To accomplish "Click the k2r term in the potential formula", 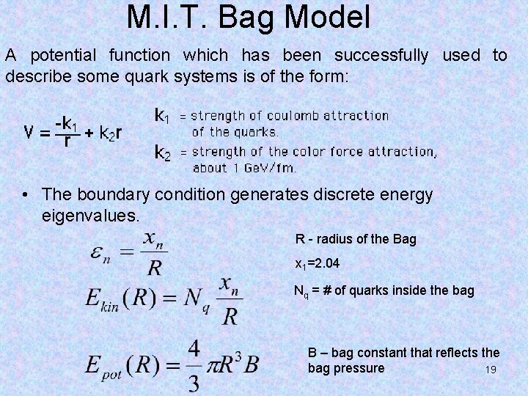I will point(111,133).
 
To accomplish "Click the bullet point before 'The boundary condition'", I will point(26,194).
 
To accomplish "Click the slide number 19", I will point(491,370).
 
